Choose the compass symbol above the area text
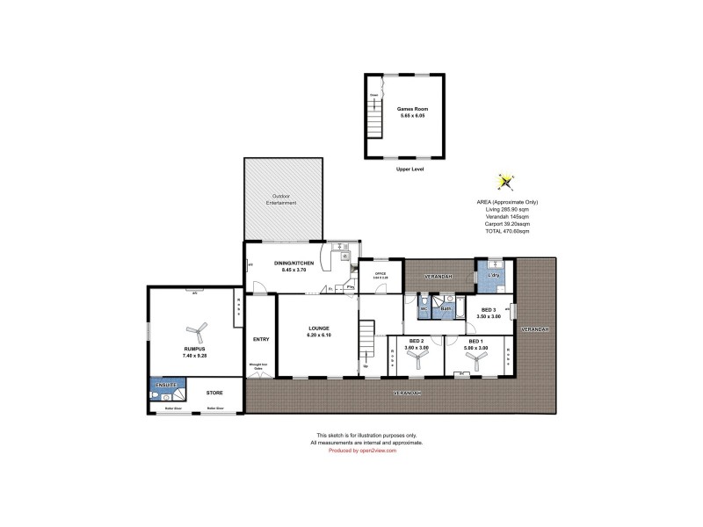click(x=505, y=182)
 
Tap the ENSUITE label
click(x=167, y=385)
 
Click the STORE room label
click(x=214, y=393)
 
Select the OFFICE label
click(x=380, y=274)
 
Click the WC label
click(x=423, y=309)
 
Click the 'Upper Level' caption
click(x=409, y=169)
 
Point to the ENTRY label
click(x=260, y=339)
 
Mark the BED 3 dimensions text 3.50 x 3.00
click(x=488, y=315)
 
